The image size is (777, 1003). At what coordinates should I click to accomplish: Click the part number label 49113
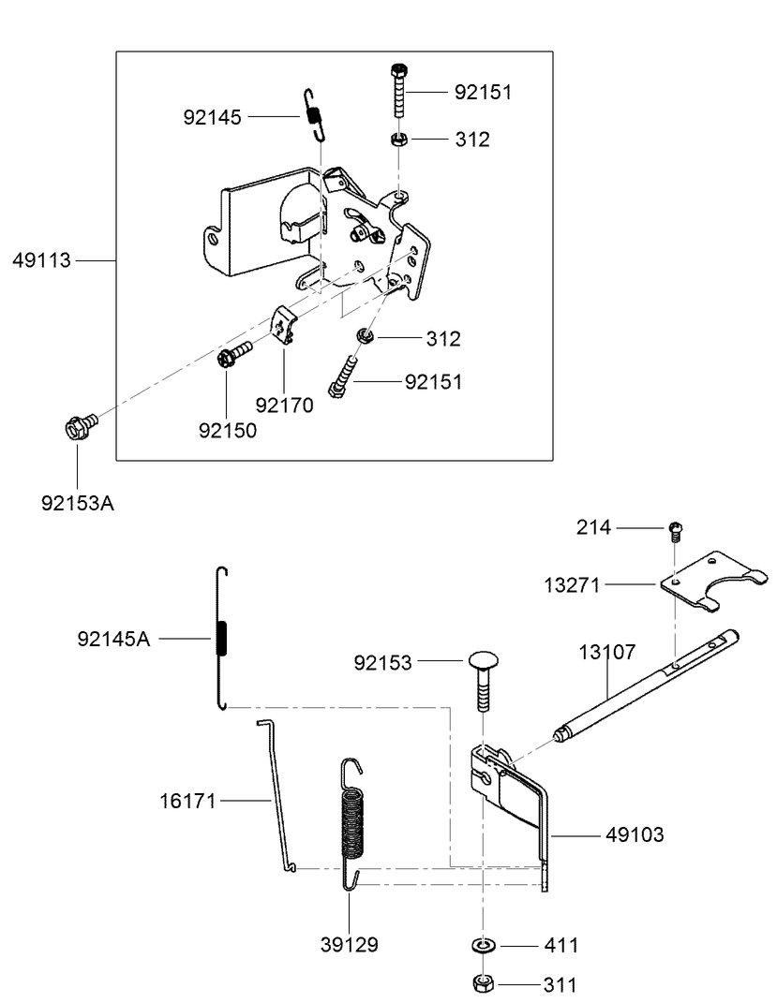click(x=41, y=260)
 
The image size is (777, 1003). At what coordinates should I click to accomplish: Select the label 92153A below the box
click(x=77, y=503)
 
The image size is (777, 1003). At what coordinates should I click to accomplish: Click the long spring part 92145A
click(x=222, y=639)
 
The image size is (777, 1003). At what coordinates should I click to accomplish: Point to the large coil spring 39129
click(x=351, y=822)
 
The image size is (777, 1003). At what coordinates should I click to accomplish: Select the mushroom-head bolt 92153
click(x=483, y=682)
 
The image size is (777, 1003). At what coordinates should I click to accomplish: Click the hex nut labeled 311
click(x=483, y=984)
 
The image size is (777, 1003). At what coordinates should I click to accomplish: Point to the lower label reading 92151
click(x=433, y=382)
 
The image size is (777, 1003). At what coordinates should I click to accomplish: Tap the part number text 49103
click(x=635, y=834)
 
